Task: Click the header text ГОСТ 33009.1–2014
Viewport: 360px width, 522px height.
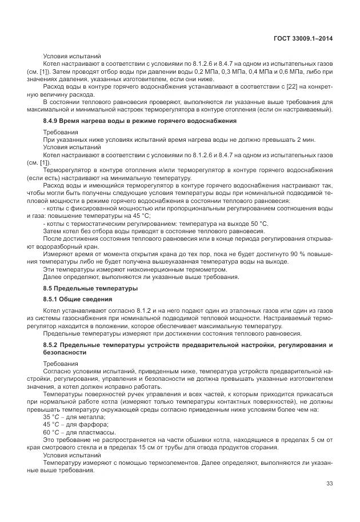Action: tap(302, 38)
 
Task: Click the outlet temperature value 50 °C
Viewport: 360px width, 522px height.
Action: tap(256, 223)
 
